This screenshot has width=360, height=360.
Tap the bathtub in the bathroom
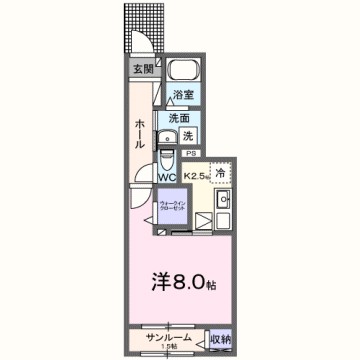(184, 71)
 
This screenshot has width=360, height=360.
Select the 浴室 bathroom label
(183, 95)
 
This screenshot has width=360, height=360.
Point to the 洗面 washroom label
(179, 117)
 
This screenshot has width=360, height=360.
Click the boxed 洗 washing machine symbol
(188, 134)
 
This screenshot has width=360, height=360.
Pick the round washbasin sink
(167, 136)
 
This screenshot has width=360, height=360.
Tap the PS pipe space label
(189, 153)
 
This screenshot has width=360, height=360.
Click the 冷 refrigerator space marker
(221, 170)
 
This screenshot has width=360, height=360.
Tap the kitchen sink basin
(225, 198)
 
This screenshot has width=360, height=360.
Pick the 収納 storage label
(222, 340)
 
